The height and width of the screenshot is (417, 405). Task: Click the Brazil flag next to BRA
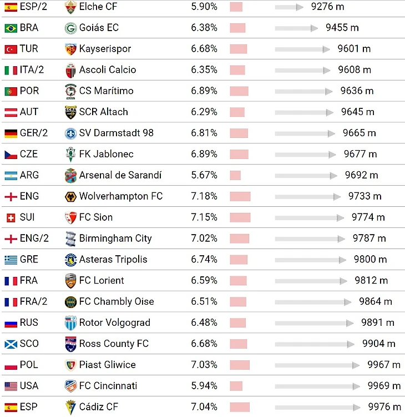(x=11, y=28)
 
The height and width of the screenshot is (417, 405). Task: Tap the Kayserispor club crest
(x=70, y=49)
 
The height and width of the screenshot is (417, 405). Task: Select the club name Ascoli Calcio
(x=107, y=70)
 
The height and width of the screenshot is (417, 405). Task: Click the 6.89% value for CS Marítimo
(x=204, y=91)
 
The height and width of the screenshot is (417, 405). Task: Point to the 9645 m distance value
(x=358, y=112)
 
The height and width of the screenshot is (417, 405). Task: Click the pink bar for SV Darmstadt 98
(x=239, y=133)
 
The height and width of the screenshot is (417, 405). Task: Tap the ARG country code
(x=29, y=175)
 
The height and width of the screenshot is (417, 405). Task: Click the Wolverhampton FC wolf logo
(x=70, y=196)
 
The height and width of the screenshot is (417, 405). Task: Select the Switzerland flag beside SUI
(x=11, y=217)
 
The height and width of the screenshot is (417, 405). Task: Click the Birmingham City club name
(x=115, y=239)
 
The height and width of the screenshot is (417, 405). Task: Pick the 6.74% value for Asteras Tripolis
(x=204, y=260)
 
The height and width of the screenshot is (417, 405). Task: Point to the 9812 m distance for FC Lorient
(x=372, y=281)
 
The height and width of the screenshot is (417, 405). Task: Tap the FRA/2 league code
(x=33, y=302)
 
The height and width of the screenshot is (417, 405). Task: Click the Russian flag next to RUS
(x=11, y=323)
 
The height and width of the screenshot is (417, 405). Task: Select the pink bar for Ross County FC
(x=239, y=344)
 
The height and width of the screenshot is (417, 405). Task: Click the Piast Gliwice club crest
(x=70, y=365)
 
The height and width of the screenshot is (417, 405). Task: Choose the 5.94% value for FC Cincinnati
(x=204, y=386)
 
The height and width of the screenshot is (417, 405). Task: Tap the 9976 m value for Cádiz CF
(x=384, y=407)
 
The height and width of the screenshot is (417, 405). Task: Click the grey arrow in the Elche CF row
(x=289, y=7)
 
